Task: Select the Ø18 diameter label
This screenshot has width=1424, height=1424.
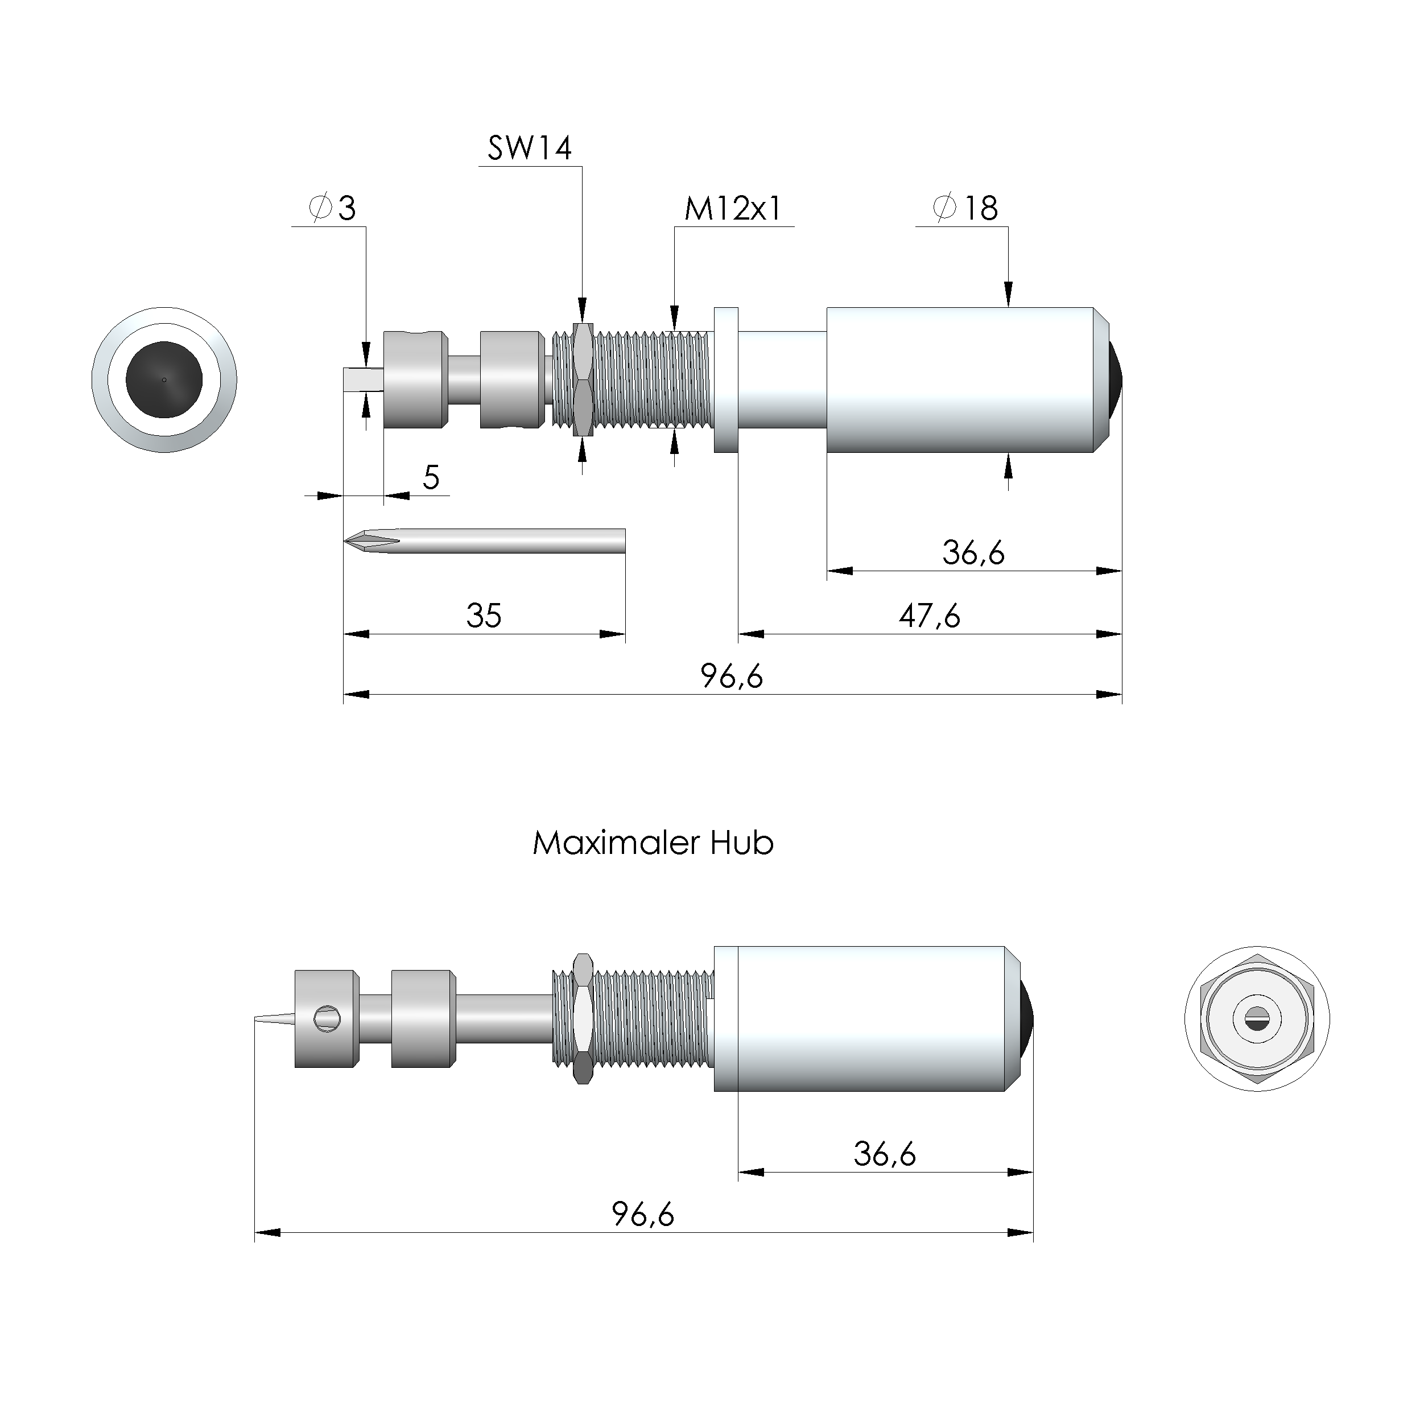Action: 965,209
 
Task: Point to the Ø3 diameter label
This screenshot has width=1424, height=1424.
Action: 333,209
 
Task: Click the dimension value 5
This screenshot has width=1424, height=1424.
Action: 431,478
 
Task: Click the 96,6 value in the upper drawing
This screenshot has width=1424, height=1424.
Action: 731,676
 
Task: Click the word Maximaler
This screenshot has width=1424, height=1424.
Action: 616,843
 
